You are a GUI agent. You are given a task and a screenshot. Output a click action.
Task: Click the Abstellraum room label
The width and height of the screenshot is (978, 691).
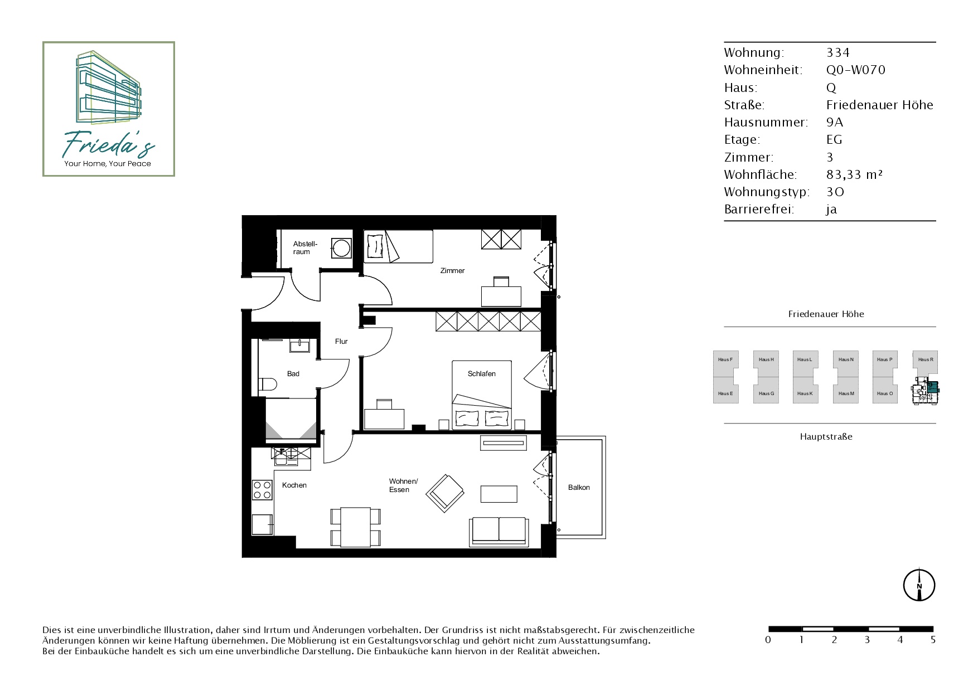pos(305,247)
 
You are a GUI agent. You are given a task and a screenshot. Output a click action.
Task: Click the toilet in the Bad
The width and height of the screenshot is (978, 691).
pos(268,385)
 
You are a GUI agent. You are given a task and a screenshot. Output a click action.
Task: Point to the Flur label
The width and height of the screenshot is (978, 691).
pos(341,342)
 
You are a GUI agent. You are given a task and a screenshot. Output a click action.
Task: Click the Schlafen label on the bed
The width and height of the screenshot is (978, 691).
pos(482,373)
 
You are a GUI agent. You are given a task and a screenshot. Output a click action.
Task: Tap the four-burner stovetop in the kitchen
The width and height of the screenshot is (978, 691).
pos(263,490)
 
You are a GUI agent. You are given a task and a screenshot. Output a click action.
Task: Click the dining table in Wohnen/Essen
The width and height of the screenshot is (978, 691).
pos(356,527)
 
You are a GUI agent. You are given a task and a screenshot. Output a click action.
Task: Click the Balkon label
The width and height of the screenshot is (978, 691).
pos(579,487)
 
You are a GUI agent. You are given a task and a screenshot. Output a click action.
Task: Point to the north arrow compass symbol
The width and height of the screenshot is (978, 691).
pos(919,585)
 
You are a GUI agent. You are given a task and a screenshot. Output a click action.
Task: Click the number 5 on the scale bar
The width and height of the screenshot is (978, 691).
pos(933,640)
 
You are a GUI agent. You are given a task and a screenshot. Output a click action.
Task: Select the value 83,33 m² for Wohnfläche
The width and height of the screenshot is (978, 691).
pos(854,174)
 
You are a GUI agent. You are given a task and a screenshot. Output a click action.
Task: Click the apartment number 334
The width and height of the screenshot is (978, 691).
pos(838,52)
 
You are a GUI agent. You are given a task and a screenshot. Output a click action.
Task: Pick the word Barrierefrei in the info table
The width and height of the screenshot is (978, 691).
pos(759,210)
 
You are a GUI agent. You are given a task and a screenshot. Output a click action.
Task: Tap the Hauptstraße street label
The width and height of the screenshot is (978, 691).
pos(826,436)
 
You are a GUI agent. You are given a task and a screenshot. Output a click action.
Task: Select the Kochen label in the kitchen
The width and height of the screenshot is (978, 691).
pos(294,485)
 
